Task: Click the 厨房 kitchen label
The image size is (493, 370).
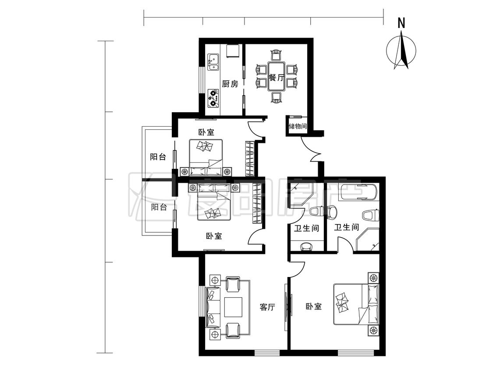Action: pos(230,84)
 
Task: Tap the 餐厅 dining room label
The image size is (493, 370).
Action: pos(277,78)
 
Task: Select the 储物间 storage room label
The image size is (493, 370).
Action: pos(298,127)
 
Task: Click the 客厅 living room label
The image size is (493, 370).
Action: pos(268,307)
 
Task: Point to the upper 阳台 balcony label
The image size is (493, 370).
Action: pos(158,157)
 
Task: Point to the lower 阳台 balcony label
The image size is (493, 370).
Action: pos(159,207)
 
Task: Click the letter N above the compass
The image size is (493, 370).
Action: pos(401,23)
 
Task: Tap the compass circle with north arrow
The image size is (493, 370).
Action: pos(401,51)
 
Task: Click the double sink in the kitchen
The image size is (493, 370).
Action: pos(213,62)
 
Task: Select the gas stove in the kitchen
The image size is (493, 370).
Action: pos(213,98)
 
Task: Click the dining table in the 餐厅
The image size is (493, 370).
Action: pos(277,77)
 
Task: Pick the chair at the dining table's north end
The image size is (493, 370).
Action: pos(276,55)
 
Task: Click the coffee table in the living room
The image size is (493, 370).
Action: pos(233,307)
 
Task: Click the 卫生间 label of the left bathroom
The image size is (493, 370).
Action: pos(307,228)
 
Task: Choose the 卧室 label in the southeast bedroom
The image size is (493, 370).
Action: pos(314,306)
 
